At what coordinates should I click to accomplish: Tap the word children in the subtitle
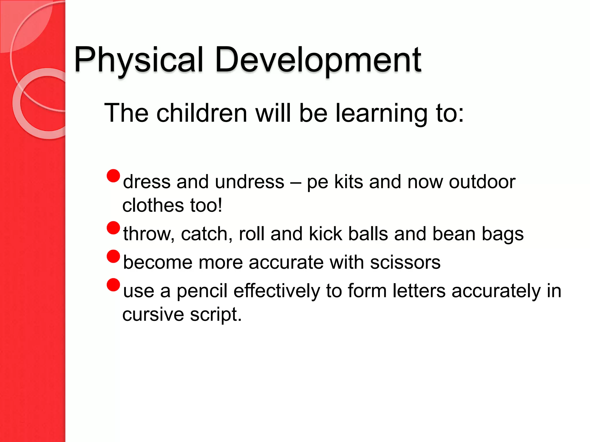[x=202, y=113]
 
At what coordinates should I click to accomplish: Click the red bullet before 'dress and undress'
[x=113, y=176]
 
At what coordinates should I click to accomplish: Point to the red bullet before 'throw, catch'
[x=113, y=228]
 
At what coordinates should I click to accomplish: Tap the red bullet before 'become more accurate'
[x=113, y=256]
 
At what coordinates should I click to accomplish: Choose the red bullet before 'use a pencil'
[x=113, y=285]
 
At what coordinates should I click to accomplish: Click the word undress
[x=249, y=182]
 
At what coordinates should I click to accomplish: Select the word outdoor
[x=482, y=182]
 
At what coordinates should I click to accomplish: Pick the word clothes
[x=153, y=205]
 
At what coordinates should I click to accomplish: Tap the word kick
[x=325, y=234]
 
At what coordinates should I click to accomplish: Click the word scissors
[x=405, y=262]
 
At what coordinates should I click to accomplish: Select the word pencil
[x=202, y=291]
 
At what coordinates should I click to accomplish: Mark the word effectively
[x=277, y=291]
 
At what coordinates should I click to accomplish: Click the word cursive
[x=153, y=314]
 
